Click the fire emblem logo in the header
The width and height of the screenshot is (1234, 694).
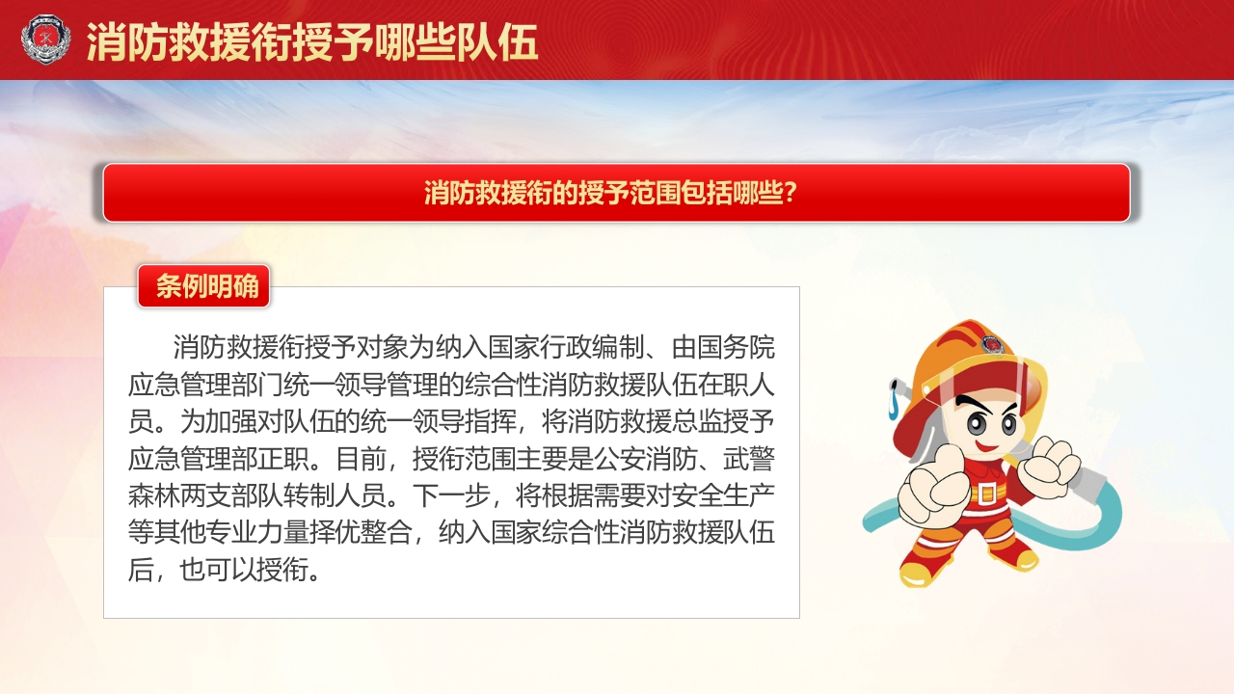click(x=45, y=40)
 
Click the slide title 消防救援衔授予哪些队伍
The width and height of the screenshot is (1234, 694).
click(x=312, y=41)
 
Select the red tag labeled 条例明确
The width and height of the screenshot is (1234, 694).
click(x=204, y=286)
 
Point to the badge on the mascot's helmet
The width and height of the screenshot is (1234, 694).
click(x=992, y=344)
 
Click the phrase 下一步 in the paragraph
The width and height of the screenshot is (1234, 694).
click(x=451, y=494)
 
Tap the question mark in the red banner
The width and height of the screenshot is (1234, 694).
click(x=789, y=193)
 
